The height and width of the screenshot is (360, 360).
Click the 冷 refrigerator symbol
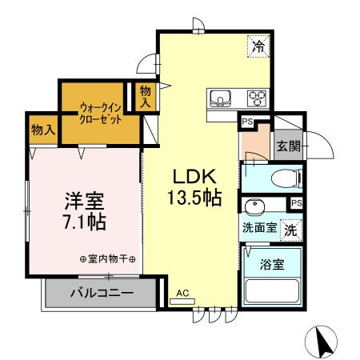click(x=258, y=46)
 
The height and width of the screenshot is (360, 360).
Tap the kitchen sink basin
click(x=219, y=98)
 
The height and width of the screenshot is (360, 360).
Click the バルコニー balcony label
click(x=101, y=294)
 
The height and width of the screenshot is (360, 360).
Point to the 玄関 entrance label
click(x=288, y=146)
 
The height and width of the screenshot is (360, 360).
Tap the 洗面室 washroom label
click(x=259, y=227)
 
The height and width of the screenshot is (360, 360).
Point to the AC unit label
click(x=182, y=294)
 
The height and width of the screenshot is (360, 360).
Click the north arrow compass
click(x=325, y=342)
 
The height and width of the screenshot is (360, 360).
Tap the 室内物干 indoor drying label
click(x=109, y=259)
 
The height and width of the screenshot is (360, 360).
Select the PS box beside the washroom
click(x=297, y=203)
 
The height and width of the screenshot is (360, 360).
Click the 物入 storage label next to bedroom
click(x=43, y=129)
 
